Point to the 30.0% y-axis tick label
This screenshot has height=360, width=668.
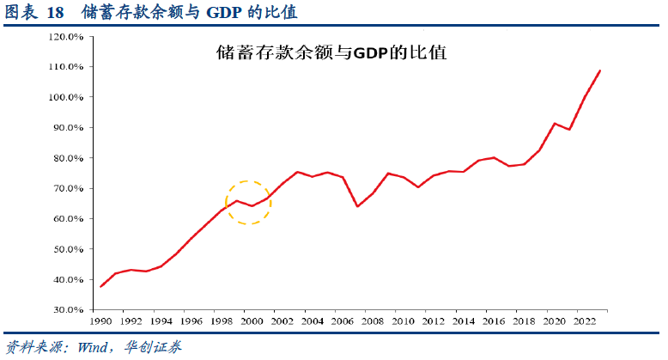tap(66, 310)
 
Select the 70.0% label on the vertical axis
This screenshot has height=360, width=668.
tap(66, 188)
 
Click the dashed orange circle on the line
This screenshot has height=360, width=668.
tap(248, 203)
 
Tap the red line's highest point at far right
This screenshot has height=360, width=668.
tap(599, 70)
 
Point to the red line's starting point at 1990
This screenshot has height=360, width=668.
tap(100, 286)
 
